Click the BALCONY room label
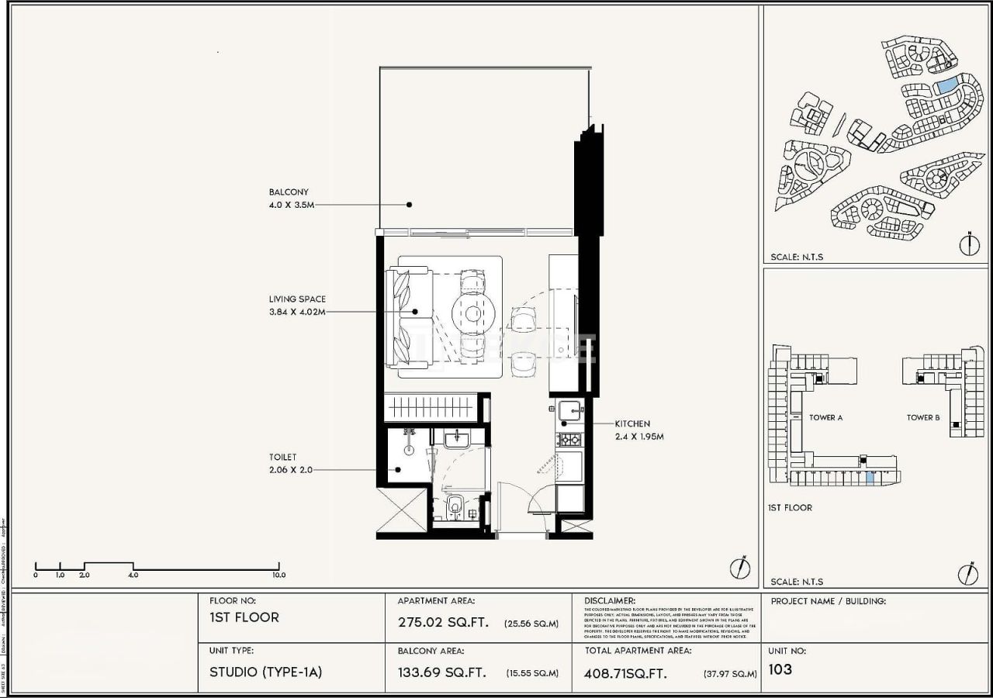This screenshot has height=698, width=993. (x=289, y=192)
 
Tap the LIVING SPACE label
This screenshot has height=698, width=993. (x=297, y=299)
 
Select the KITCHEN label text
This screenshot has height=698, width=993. (x=632, y=424)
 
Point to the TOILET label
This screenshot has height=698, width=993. (x=282, y=458)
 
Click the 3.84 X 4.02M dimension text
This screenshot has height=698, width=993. (x=297, y=312)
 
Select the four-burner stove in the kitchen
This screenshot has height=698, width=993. (x=569, y=440)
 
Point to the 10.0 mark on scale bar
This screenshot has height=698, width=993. (x=279, y=575)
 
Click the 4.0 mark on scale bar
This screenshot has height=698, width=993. (x=133, y=575)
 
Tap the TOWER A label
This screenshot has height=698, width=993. (x=825, y=418)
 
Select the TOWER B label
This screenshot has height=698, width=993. (x=923, y=418)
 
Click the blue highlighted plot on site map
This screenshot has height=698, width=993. (x=946, y=86)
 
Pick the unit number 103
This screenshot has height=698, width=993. (x=780, y=669)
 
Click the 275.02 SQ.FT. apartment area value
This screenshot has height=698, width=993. (x=442, y=622)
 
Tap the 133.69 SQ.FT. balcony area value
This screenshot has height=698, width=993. (x=442, y=672)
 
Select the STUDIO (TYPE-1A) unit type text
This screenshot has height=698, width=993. (x=265, y=672)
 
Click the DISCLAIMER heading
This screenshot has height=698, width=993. (x=610, y=601)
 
